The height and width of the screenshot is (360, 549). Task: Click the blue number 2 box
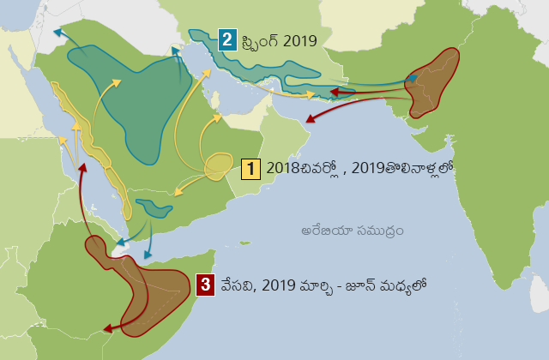tap(227, 39)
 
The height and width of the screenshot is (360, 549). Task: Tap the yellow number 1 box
tap(250, 168)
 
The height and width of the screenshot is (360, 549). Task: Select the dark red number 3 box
tap(204, 285)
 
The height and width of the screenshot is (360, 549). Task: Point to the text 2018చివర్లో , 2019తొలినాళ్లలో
tap(359, 168)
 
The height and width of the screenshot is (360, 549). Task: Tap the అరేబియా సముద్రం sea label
tap(353, 231)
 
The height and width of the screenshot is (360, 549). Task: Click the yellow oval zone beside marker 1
tap(220, 165)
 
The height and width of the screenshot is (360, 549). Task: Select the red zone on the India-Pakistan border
tap(434, 81)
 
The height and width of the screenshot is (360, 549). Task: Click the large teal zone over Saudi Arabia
tap(137, 103)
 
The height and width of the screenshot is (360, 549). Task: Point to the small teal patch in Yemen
tap(154, 207)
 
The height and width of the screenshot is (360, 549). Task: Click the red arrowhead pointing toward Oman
tap(310, 122)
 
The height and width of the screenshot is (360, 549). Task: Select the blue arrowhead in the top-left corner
tap(57, 32)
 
